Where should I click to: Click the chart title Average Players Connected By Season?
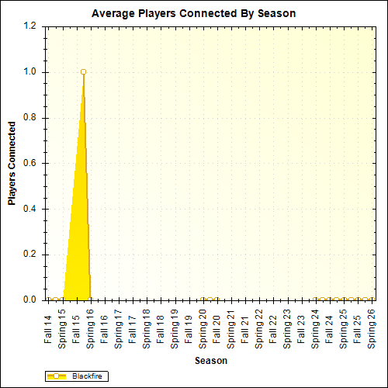pyautogui.click(x=193, y=14)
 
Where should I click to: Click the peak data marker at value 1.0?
pyautogui.click(x=83, y=72)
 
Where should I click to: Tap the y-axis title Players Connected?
pyautogui.click(x=12, y=163)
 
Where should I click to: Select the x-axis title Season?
pyautogui.click(x=210, y=361)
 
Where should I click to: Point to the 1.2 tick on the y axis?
pyautogui.click(x=30, y=26)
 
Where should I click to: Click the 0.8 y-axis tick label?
pyautogui.click(x=30, y=118)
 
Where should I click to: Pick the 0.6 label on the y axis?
pyautogui.click(x=30, y=164)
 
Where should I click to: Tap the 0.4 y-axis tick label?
pyautogui.click(x=30, y=209)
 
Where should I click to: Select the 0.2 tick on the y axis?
pyautogui.click(x=30, y=255)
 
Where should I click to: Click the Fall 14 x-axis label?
pyautogui.click(x=48, y=329)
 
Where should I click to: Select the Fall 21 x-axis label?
pyautogui.click(x=245, y=329)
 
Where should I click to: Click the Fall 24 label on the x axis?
pyautogui.click(x=330, y=329)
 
